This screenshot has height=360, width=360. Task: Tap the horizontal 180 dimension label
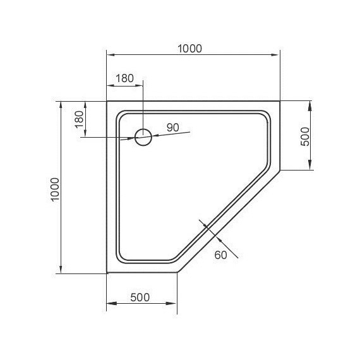[x=125, y=78]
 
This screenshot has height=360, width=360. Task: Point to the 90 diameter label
[x=172, y=127]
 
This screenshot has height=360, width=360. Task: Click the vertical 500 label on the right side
[x=304, y=136]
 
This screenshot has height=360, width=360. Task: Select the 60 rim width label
[x=220, y=255]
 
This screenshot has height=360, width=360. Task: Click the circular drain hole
[x=143, y=137]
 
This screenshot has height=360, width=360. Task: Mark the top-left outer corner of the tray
[x=106, y=101]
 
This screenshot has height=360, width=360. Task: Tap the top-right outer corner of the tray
[x=280, y=101]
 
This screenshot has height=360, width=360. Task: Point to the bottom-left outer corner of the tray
[x=106, y=273]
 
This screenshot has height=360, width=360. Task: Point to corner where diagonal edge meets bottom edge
[x=178, y=273]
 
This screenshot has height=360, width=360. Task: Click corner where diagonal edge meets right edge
[x=280, y=171]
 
